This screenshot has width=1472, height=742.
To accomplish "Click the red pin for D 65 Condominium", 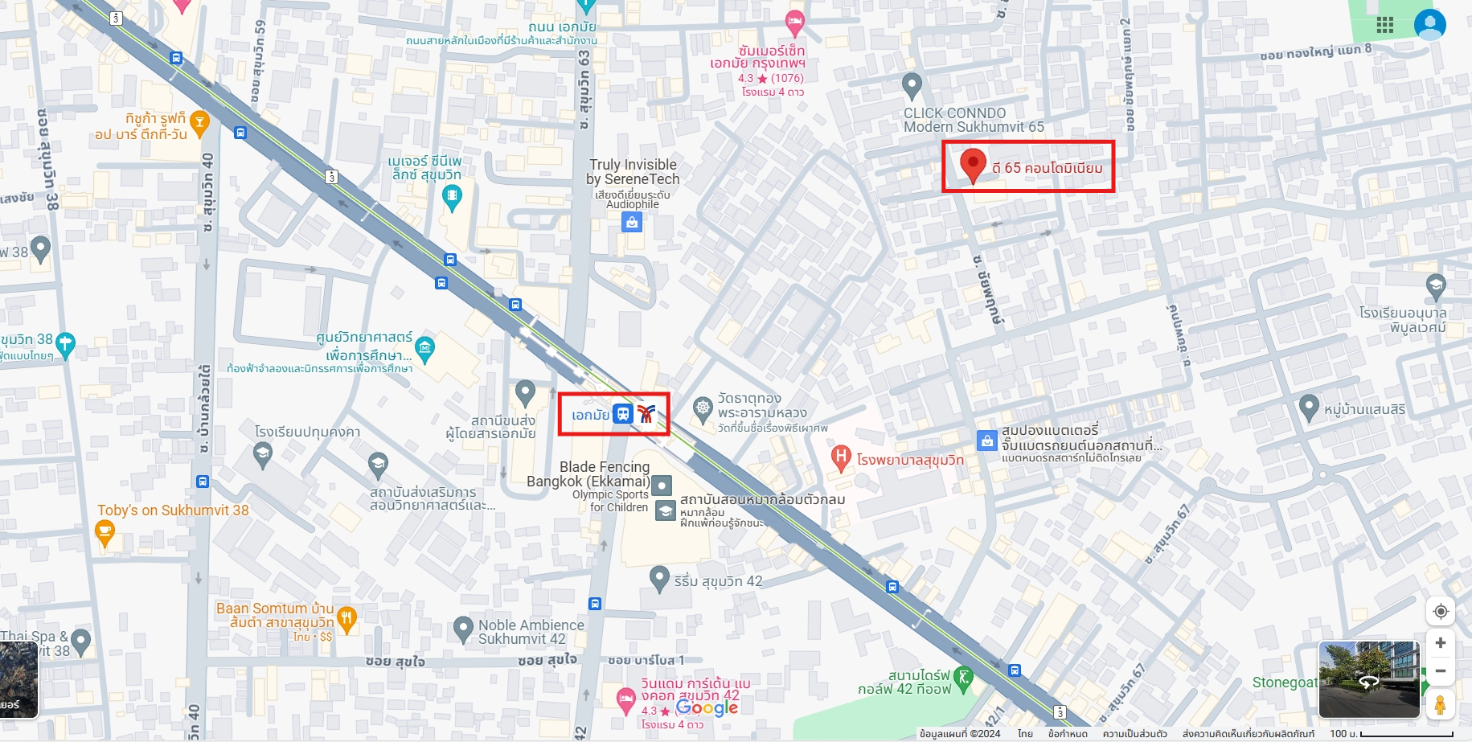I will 973,164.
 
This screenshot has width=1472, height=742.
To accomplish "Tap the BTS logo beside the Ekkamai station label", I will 646,414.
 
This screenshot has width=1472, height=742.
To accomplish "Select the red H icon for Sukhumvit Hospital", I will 840,458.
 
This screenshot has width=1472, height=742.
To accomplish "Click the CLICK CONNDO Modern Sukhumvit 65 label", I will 973,120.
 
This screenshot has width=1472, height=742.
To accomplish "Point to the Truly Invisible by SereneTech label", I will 633,172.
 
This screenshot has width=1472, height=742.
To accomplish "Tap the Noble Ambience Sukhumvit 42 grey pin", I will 463,629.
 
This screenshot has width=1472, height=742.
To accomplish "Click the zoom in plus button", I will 1441,643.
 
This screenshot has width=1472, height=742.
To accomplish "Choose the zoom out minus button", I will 1441,671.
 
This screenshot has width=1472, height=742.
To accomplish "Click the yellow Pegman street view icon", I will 1440,705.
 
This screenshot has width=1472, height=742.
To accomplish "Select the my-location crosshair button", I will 1441,612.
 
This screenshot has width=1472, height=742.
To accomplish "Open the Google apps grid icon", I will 1384,25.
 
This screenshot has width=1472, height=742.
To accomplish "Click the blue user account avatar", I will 1429,25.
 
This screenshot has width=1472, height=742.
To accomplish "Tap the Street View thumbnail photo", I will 1368,679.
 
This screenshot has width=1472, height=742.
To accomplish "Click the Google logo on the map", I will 707,707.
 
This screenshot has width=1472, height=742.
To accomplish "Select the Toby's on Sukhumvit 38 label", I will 173,510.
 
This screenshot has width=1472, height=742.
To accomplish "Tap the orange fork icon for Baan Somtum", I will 346,618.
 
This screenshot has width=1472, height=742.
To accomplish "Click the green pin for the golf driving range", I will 963,677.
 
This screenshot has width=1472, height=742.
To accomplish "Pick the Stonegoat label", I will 1284,683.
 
